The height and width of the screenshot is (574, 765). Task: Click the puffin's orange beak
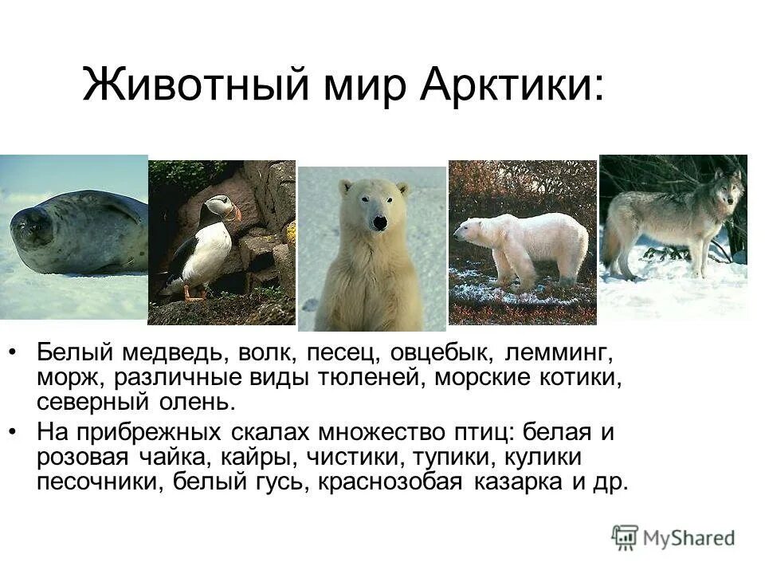[x=234, y=214]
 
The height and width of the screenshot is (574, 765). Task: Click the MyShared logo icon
[x=625, y=537]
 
